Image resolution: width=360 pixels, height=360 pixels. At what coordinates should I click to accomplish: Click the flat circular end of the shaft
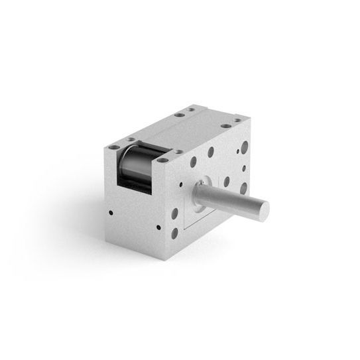[x=261, y=208]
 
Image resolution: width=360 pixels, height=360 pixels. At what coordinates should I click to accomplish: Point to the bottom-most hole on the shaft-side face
[x=174, y=234]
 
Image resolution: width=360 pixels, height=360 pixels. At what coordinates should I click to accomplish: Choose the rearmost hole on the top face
[x=190, y=110]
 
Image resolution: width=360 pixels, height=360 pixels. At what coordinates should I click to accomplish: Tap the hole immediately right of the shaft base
[x=226, y=180]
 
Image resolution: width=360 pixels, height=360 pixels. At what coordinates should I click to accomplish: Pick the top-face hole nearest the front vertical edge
[x=178, y=152]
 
